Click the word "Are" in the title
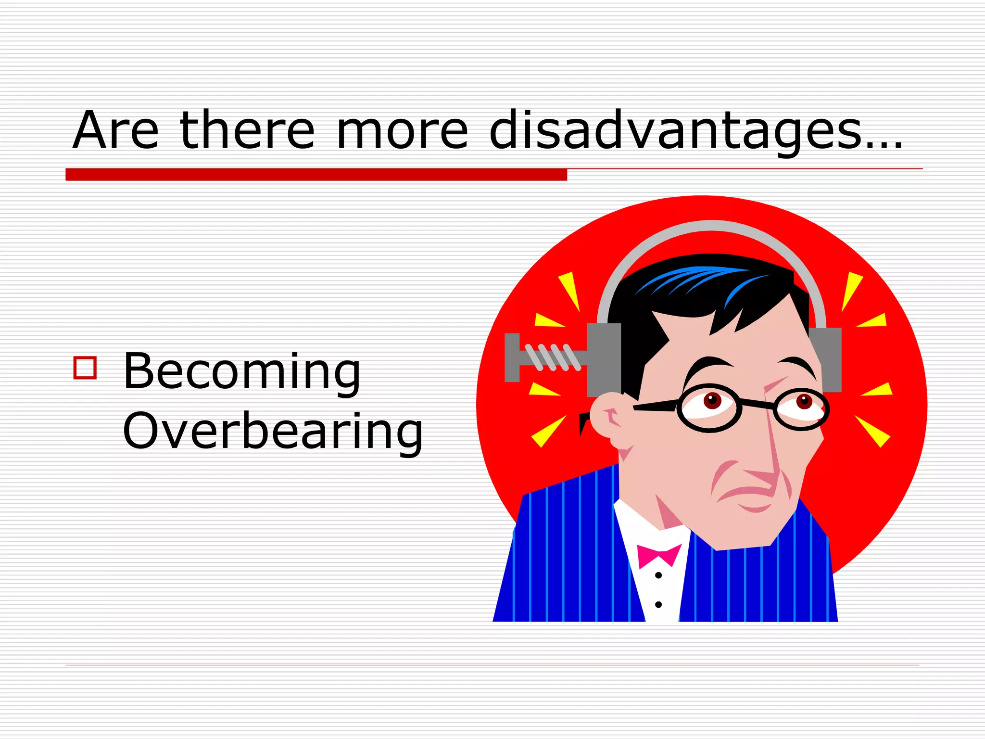[x=115, y=130]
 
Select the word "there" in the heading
[x=247, y=130]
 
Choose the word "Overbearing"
[x=272, y=431]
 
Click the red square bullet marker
[x=85, y=368]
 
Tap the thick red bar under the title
[x=316, y=175]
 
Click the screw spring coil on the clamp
[x=553, y=357]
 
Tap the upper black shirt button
[x=658, y=575]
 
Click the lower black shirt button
[x=658, y=605]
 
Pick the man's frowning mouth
[x=745, y=493]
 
